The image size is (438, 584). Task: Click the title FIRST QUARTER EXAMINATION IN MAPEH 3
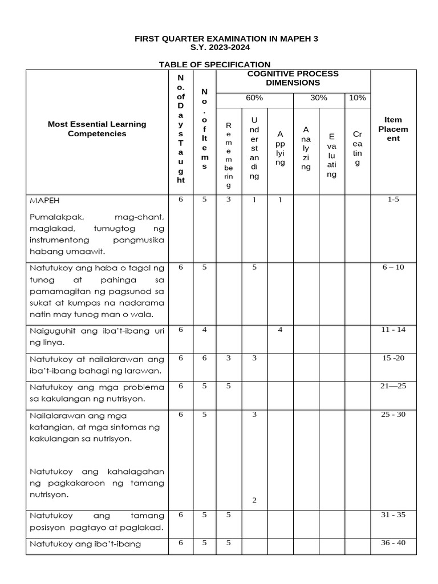coord(226,39)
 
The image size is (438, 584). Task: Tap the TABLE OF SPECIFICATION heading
coord(214,64)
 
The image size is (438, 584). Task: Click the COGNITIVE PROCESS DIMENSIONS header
coord(293,78)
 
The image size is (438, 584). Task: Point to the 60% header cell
coord(254,98)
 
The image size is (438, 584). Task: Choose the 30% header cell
coord(318,98)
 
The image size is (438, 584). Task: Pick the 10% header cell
coord(357,98)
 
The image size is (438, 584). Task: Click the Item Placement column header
coord(393,129)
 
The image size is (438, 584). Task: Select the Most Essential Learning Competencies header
coord(97,129)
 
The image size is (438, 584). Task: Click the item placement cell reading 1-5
coord(393,201)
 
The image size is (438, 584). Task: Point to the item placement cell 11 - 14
coord(393,330)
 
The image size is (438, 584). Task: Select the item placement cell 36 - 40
coord(393,542)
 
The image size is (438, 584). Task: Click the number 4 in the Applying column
coord(280,330)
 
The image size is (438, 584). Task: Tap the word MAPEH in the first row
coord(46,201)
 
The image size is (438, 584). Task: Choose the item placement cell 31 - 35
coord(393,515)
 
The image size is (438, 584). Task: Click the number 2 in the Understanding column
coord(254,500)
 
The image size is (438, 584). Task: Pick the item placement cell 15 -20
coord(393,358)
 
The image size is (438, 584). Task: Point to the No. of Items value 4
coord(204,330)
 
